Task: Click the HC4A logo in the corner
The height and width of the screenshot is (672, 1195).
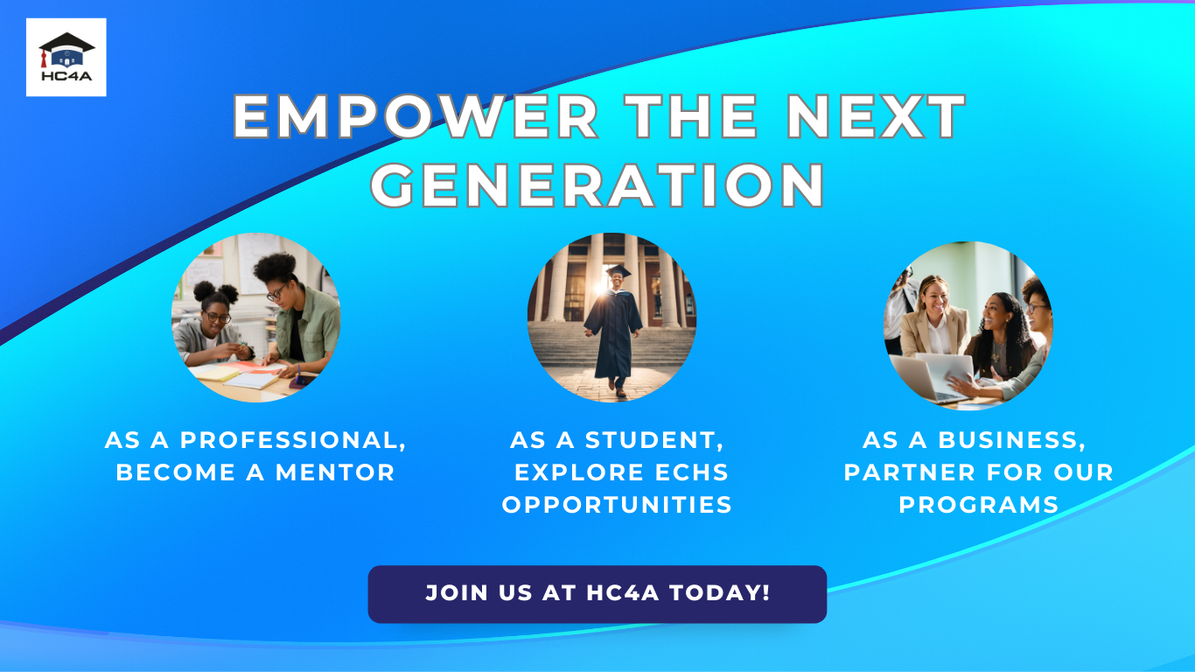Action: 66,57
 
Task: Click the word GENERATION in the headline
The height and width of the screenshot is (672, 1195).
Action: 598,185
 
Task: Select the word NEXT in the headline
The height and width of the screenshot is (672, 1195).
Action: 876,116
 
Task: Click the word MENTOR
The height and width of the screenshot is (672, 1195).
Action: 335,472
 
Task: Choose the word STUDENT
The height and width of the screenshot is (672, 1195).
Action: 654,440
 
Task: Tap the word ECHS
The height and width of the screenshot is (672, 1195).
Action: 691,472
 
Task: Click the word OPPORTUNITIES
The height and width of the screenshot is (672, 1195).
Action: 617,505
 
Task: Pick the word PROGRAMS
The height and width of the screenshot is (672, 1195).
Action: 979,505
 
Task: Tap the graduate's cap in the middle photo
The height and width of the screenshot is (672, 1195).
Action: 618,271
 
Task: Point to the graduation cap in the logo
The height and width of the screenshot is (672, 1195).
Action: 66,45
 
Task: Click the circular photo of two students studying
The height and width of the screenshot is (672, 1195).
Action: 255,318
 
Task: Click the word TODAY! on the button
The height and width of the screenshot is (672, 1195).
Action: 720,593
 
